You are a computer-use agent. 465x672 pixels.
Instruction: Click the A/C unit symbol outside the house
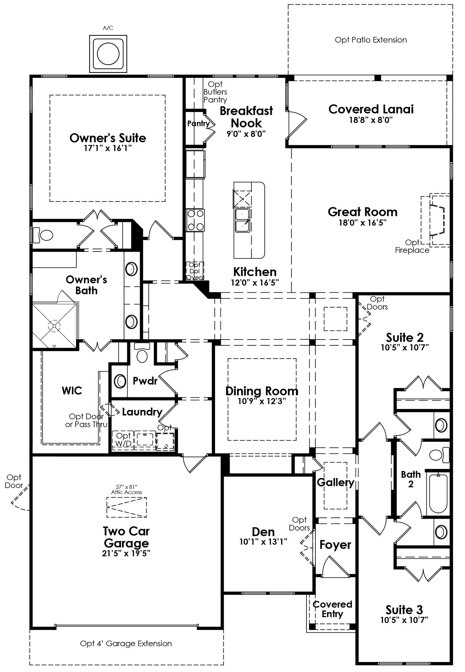pos(108,53)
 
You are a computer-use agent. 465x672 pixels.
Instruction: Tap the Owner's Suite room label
pos(108,138)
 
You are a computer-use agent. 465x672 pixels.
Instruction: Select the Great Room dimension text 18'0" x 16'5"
pos(362,222)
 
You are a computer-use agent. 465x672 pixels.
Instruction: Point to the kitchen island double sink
pos(242,220)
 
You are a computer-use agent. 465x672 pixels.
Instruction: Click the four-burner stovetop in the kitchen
pos(195,220)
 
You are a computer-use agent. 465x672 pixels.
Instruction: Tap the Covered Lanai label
pos(371,109)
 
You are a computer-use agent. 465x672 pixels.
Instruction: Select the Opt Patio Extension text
pos(371,40)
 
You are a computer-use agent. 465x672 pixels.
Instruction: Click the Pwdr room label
pos(145,381)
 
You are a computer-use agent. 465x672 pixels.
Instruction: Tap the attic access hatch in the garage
pos(127,507)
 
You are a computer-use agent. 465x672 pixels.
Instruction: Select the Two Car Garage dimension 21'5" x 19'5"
pos(126,553)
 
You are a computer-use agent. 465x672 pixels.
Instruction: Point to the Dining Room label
pos(262,391)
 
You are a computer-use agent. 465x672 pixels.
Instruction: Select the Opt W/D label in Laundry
pos(123,440)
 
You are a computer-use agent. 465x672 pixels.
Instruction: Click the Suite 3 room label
pos(404,610)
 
